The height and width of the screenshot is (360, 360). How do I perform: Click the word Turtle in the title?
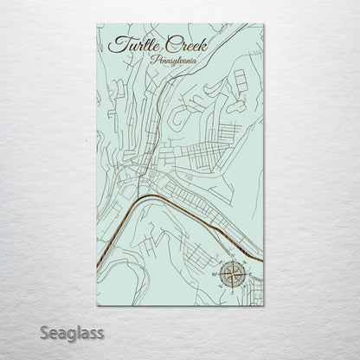pyautogui.click(x=127, y=44)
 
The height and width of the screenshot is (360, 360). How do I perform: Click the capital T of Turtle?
pyautogui.click(x=115, y=42)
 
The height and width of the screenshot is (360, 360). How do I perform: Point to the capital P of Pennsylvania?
pyautogui.click(x=153, y=60)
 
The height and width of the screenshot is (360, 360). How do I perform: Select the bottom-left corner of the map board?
pyautogui.click(x=96, y=305)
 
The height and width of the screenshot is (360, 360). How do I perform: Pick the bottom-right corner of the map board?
pyautogui.click(x=263, y=305)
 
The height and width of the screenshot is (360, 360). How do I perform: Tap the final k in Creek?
pyautogui.click(x=194, y=43)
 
